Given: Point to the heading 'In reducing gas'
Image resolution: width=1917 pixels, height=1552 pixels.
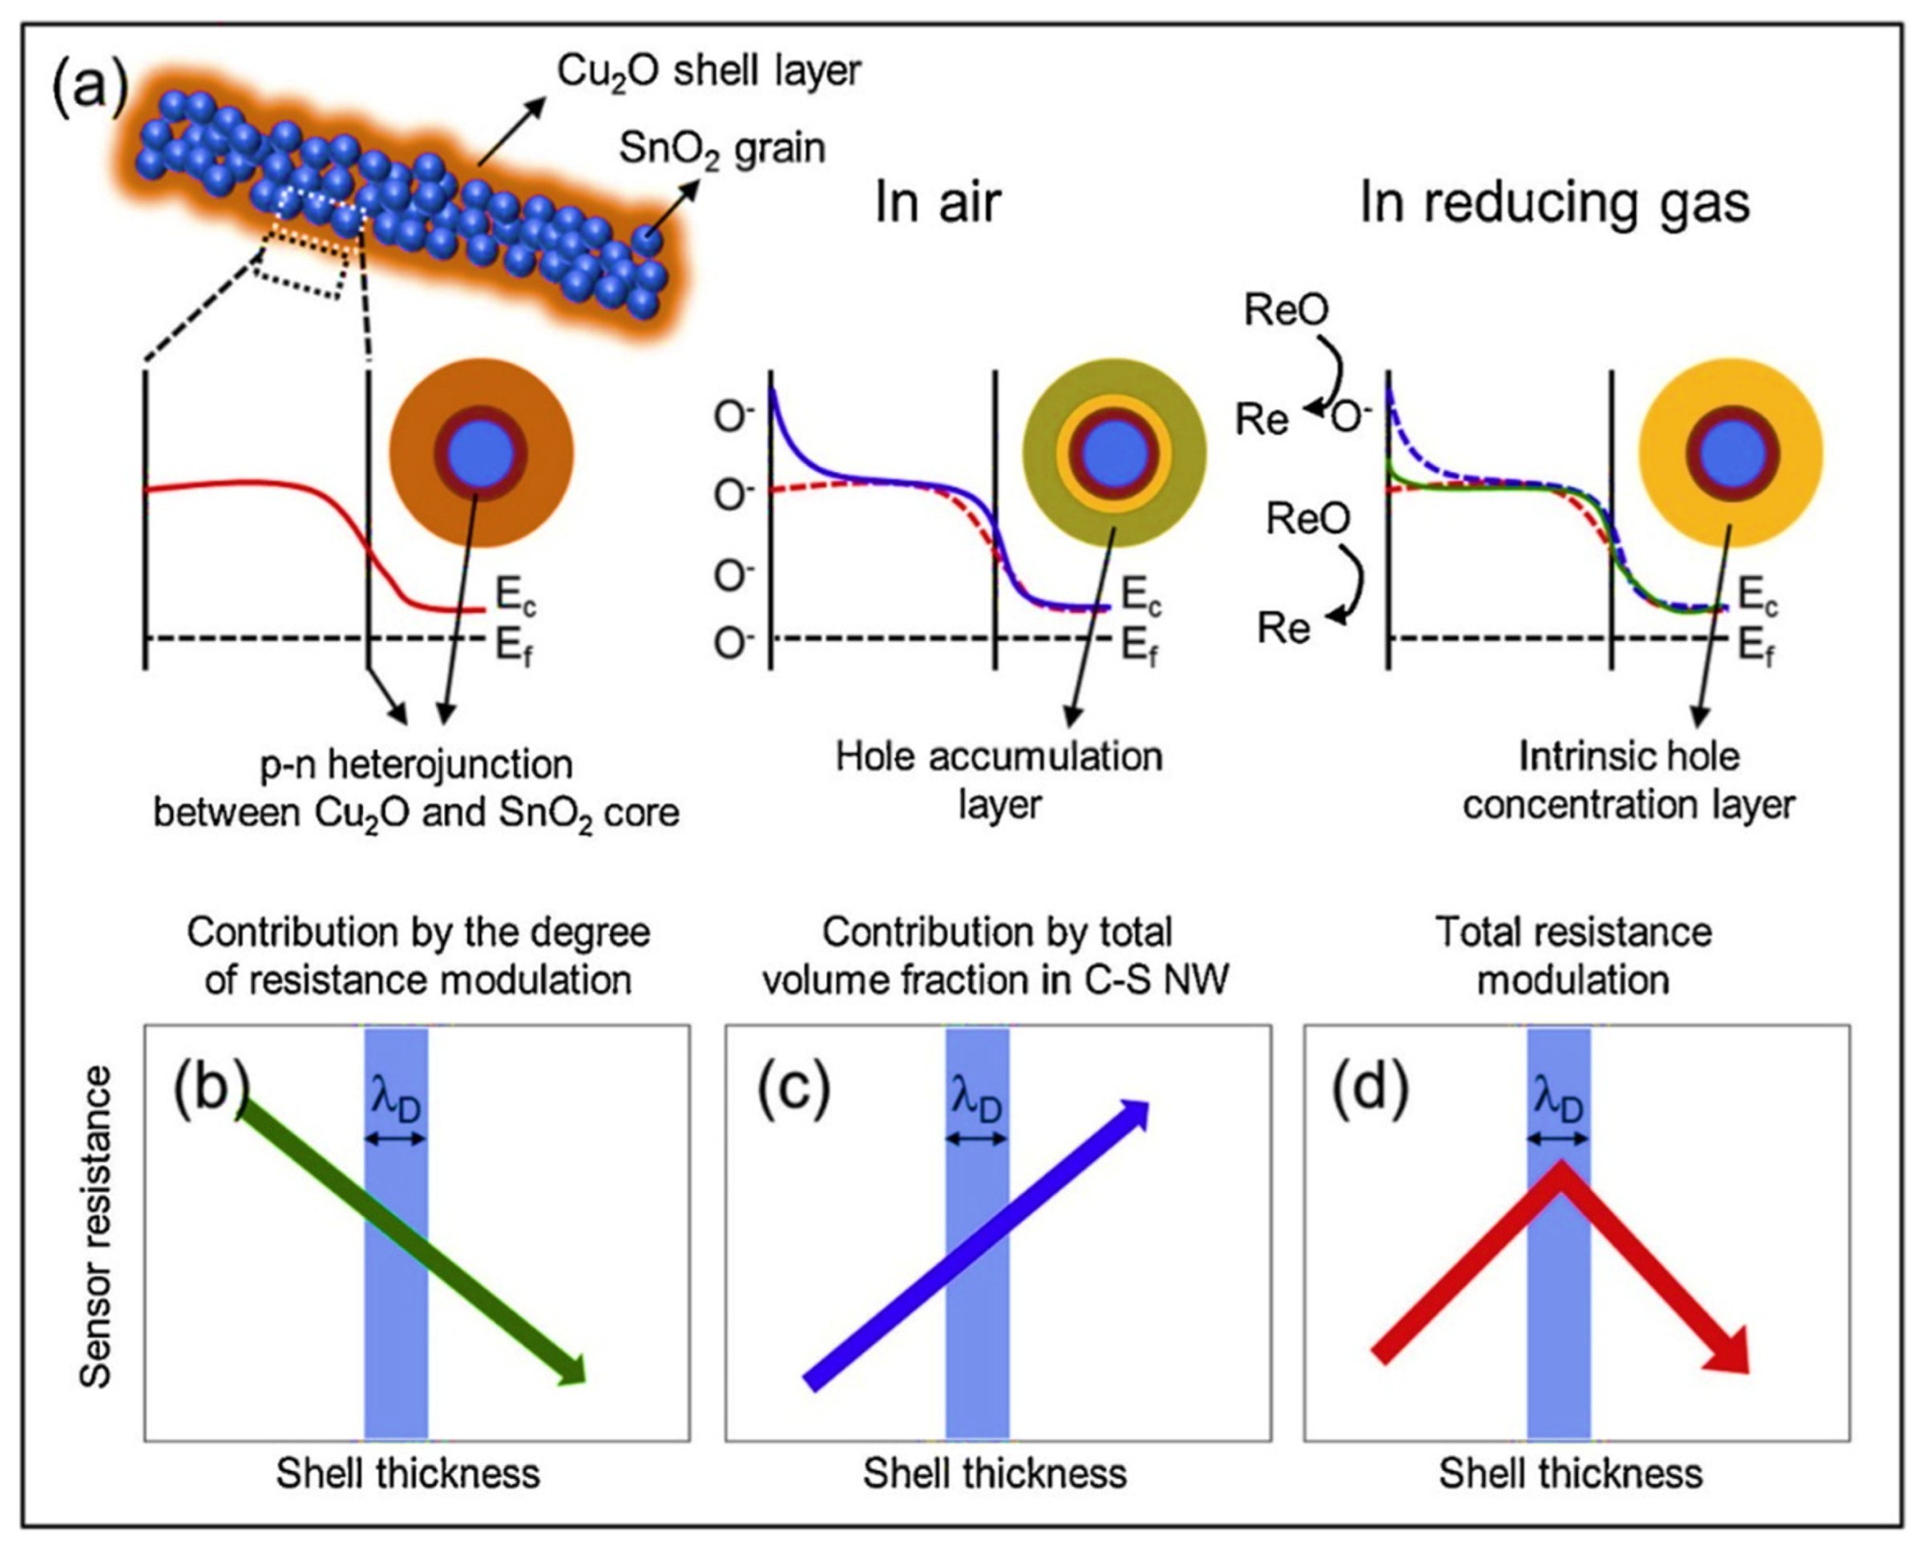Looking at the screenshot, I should tap(1554, 204).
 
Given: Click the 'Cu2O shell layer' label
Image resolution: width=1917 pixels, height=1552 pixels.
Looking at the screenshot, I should tap(709, 71).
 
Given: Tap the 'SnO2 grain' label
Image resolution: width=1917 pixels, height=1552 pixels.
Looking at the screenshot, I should tap(721, 148).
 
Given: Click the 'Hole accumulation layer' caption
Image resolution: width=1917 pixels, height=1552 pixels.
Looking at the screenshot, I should tap(999, 780).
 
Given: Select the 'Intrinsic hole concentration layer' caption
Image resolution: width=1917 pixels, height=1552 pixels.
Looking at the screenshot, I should tap(1628, 780).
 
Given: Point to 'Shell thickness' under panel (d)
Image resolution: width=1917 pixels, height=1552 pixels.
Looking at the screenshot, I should tap(1571, 1473).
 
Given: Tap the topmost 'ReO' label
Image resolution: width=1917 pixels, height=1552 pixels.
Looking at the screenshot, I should tap(1285, 310).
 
